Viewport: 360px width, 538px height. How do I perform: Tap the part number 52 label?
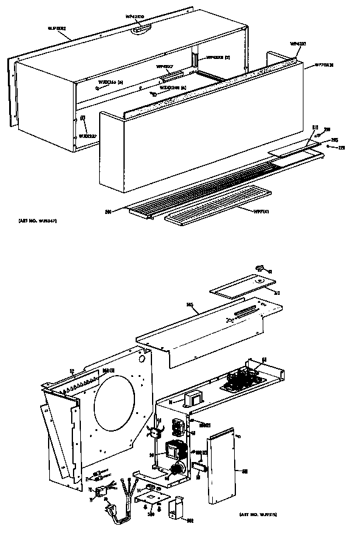coord(72,371)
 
